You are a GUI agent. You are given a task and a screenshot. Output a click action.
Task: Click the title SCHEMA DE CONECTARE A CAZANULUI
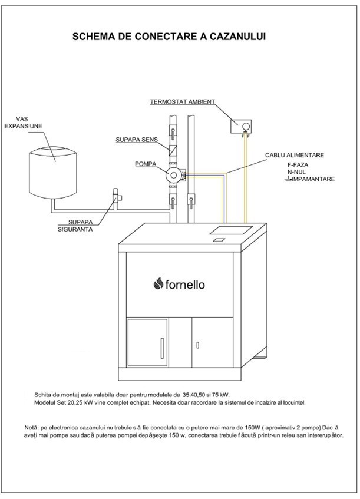tap(169, 37)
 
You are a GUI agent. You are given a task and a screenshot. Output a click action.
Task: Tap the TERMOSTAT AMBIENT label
tap(182, 101)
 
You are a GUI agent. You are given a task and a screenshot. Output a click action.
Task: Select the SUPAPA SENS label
tap(134, 140)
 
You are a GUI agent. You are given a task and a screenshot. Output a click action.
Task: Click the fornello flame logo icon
tap(157, 284)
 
